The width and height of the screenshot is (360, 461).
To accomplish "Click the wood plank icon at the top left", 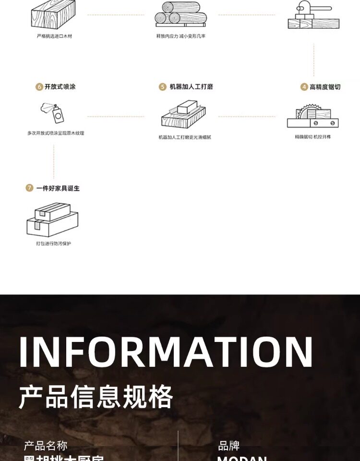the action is click(x=53, y=14).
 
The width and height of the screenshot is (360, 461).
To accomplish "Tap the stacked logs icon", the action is click(x=180, y=14).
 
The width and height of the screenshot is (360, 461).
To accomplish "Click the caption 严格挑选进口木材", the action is click(x=54, y=36).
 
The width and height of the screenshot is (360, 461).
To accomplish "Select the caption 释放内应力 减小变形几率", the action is click(x=180, y=36).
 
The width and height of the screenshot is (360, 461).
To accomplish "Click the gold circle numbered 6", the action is click(x=39, y=87).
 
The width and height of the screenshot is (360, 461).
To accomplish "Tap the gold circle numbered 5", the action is click(x=163, y=87).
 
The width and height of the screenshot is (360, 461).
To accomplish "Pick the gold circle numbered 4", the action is click(x=304, y=87).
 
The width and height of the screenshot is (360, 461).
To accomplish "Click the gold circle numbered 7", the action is click(x=29, y=188).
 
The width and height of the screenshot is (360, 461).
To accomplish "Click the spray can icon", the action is click(x=53, y=112).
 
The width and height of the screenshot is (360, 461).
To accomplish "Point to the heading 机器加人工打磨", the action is click(x=191, y=87).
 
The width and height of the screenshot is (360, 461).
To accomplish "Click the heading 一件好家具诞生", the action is click(x=58, y=188).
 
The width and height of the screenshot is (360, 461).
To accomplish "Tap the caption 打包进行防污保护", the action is click(x=53, y=243).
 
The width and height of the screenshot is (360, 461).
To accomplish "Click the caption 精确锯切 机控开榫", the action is click(x=313, y=137).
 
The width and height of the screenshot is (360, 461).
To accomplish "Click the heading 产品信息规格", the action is click(x=96, y=397).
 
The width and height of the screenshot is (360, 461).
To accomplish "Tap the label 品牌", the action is click(x=229, y=446).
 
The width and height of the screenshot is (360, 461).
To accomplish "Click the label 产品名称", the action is click(x=46, y=446).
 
